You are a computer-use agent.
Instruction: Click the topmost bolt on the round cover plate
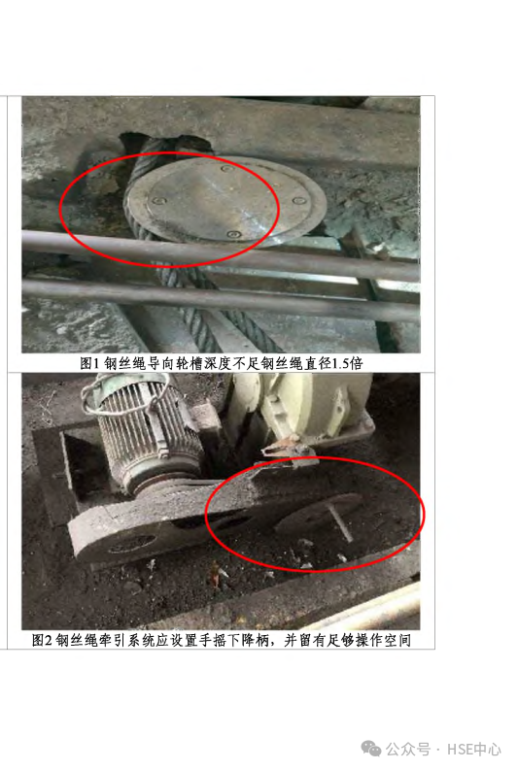pyautogui.click(x=226, y=169)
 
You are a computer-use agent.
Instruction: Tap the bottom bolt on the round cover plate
pyautogui.click(x=234, y=235)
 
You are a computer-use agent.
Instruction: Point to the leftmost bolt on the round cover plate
pyautogui.click(x=158, y=201)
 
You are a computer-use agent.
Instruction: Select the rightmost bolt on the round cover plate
pyautogui.click(x=298, y=201)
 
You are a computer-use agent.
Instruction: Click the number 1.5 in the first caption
pyautogui.click(x=341, y=363)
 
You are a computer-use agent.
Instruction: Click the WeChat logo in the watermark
pyautogui.click(x=371, y=749)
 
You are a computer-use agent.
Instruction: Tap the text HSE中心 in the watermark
pyautogui.click(x=473, y=750)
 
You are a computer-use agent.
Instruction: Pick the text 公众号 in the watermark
pyautogui.click(x=408, y=750)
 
